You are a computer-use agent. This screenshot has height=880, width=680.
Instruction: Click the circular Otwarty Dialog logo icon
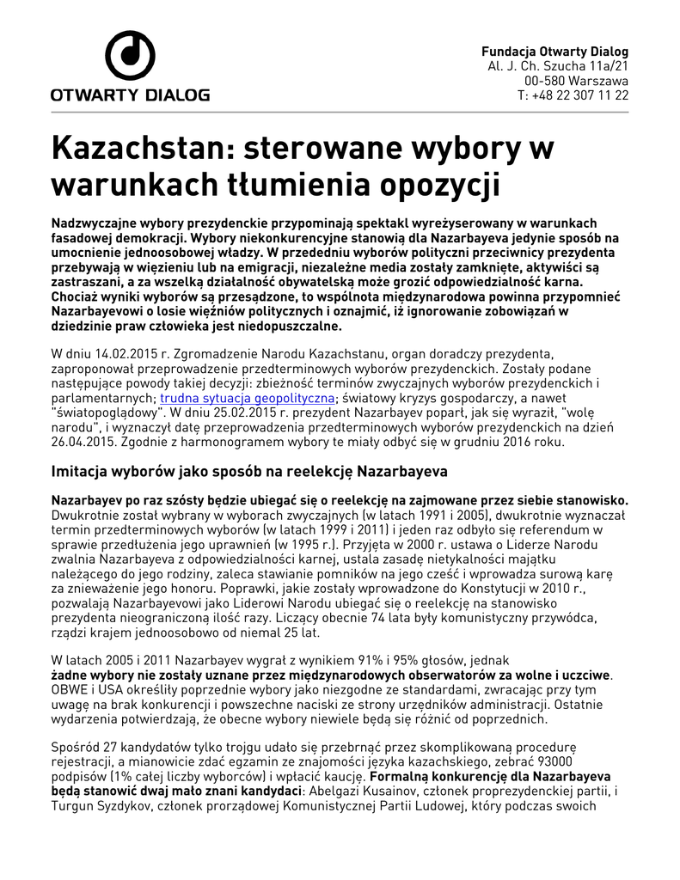coord(130,58)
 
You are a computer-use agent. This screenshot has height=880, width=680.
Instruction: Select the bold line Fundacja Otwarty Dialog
coord(554,52)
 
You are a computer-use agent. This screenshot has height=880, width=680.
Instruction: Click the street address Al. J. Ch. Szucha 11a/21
coord(558,66)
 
